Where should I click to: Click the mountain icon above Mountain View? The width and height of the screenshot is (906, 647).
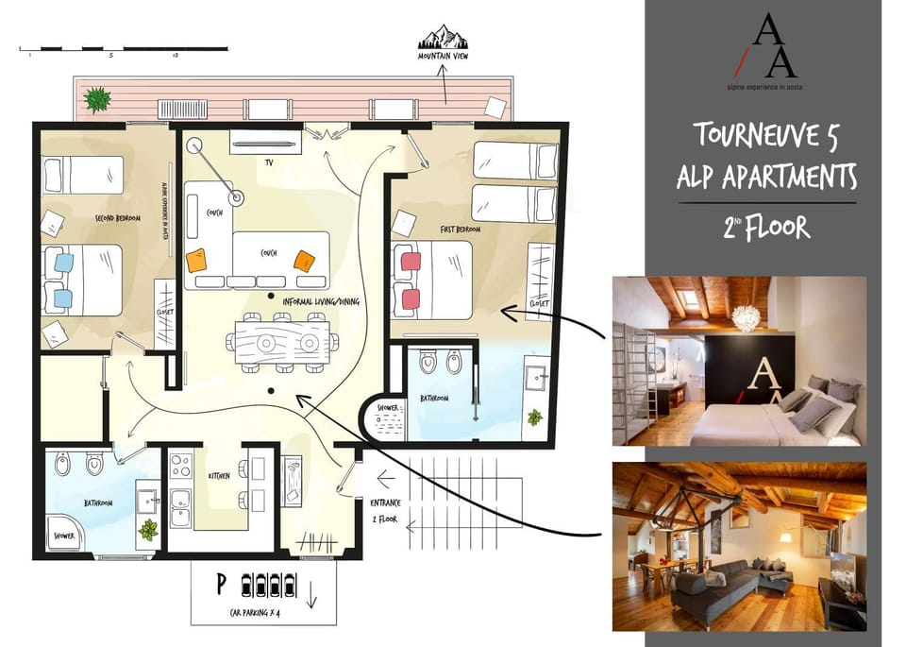pyautogui.click(x=444, y=40)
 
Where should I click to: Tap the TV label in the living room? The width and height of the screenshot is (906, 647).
pyautogui.click(x=269, y=162)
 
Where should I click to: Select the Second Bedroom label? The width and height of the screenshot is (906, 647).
pyautogui.click(x=118, y=218)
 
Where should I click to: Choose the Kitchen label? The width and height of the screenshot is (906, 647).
pyautogui.click(x=218, y=476)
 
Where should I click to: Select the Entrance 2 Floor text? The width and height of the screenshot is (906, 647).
pyautogui.click(x=385, y=509)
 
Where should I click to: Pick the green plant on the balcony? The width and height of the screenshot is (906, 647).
pyautogui.click(x=96, y=97)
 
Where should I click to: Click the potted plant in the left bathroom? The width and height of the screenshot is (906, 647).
pyautogui.click(x=148, y=529)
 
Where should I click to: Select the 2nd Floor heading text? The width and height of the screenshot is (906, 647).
pyautogui.click(x=766, y=228)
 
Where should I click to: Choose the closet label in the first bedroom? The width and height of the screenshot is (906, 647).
pyautogui.click(x=539, y=304)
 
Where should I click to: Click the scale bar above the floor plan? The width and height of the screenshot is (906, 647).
pyautogui.click(x=124, y=47)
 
